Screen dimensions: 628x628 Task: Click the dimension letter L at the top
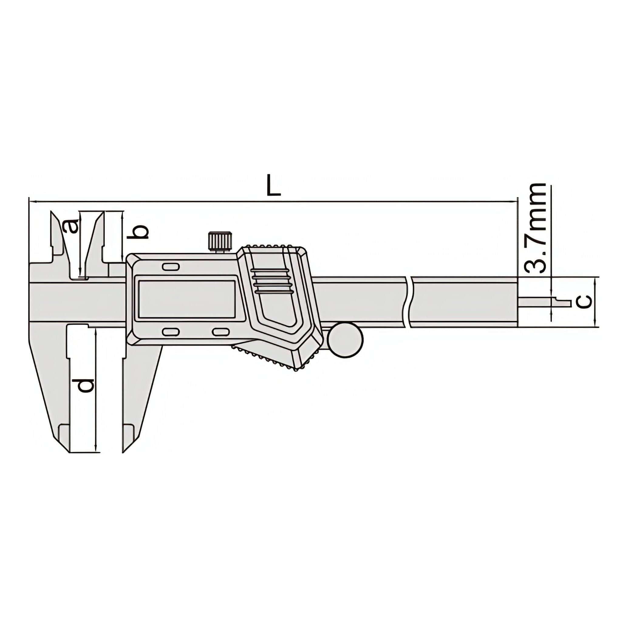273,185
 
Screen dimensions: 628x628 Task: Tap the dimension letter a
71,226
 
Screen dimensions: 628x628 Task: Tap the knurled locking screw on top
220,241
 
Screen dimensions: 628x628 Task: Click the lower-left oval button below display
171,332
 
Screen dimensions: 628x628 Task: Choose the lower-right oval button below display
220,332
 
